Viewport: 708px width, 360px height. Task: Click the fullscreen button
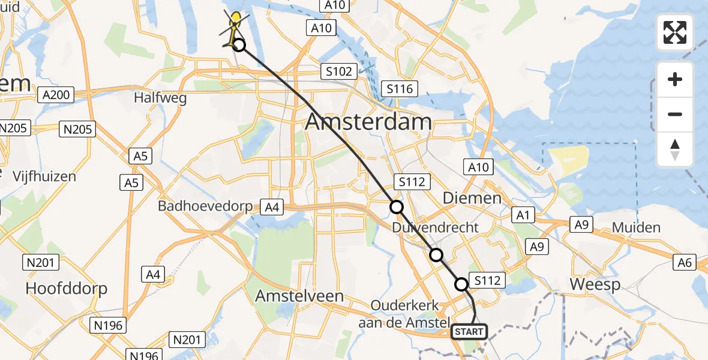tap(675, 32)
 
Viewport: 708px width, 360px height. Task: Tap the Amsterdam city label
tap(368, 122)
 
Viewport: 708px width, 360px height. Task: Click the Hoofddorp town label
tap(66, 289)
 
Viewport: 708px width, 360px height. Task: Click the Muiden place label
tap(636, 227)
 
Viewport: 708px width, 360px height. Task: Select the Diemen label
tap(472, 198)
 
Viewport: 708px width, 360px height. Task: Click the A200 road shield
tap(56, 95)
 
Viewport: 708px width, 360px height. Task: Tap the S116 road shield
tap(400, 89)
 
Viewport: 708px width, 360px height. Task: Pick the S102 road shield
tap(338, 71)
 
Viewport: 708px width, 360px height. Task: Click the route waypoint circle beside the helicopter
tap(239, 45)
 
